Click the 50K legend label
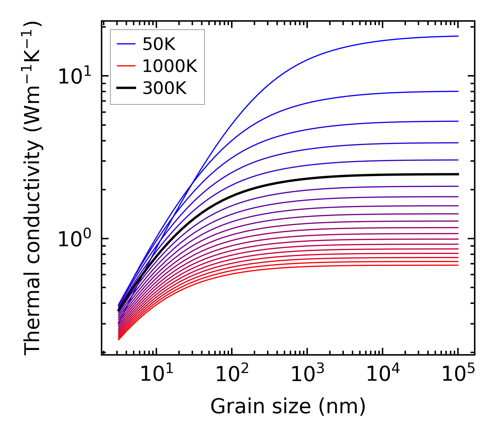pos(159,44)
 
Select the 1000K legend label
pos(170,66)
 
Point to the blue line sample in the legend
pos(126,44)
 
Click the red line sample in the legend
pos(126,66)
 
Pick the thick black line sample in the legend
pos(126,88)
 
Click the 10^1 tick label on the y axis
pos(74,76)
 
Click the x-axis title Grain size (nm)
pos(288,407)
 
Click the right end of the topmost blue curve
pos(458,36)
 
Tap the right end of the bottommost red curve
pos(458,265)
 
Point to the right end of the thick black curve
pos(458,174)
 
